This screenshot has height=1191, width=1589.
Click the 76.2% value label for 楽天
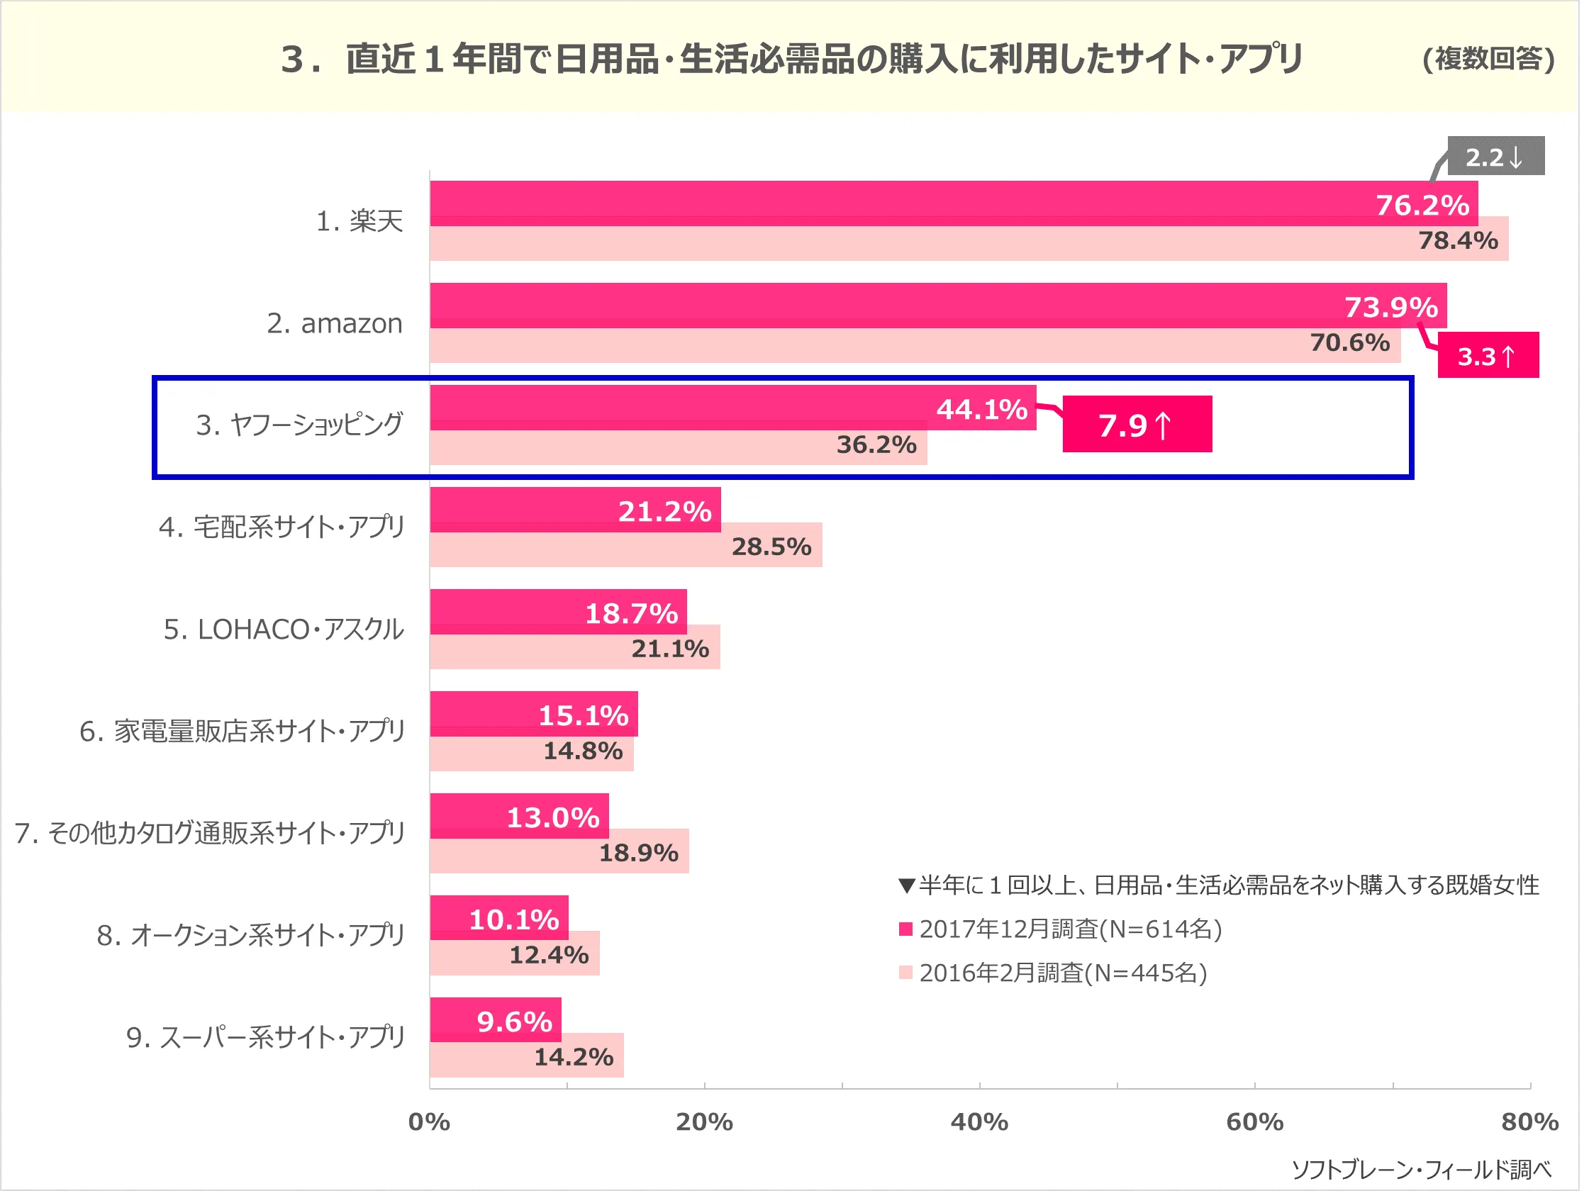coord(1422,206)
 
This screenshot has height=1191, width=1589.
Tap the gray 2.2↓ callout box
coord(1495,156)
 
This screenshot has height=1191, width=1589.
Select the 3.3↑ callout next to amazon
coord(1487,356)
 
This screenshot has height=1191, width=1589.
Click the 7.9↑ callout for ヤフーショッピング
coord(1137,425)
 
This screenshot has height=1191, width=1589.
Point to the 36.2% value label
coord(876,444)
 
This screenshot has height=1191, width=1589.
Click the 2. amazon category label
coord(334,323)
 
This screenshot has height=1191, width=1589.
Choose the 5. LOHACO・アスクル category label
coord(284,630)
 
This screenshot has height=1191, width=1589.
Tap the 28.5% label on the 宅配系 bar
coord(771,547)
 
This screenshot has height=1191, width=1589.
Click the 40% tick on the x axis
coord(979,1122)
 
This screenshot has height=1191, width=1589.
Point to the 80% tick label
coord(1529,1122)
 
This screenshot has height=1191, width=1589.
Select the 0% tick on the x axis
coord(429,1122)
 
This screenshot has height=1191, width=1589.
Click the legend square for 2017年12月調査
coord(905,929)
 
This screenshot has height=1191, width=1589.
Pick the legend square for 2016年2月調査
coord(905,973)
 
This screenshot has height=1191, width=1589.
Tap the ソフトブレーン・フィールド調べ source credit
coord(1421,1170)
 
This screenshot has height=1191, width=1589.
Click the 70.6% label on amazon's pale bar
coord(1349,342)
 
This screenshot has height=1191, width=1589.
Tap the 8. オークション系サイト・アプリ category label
coord(251,935)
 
